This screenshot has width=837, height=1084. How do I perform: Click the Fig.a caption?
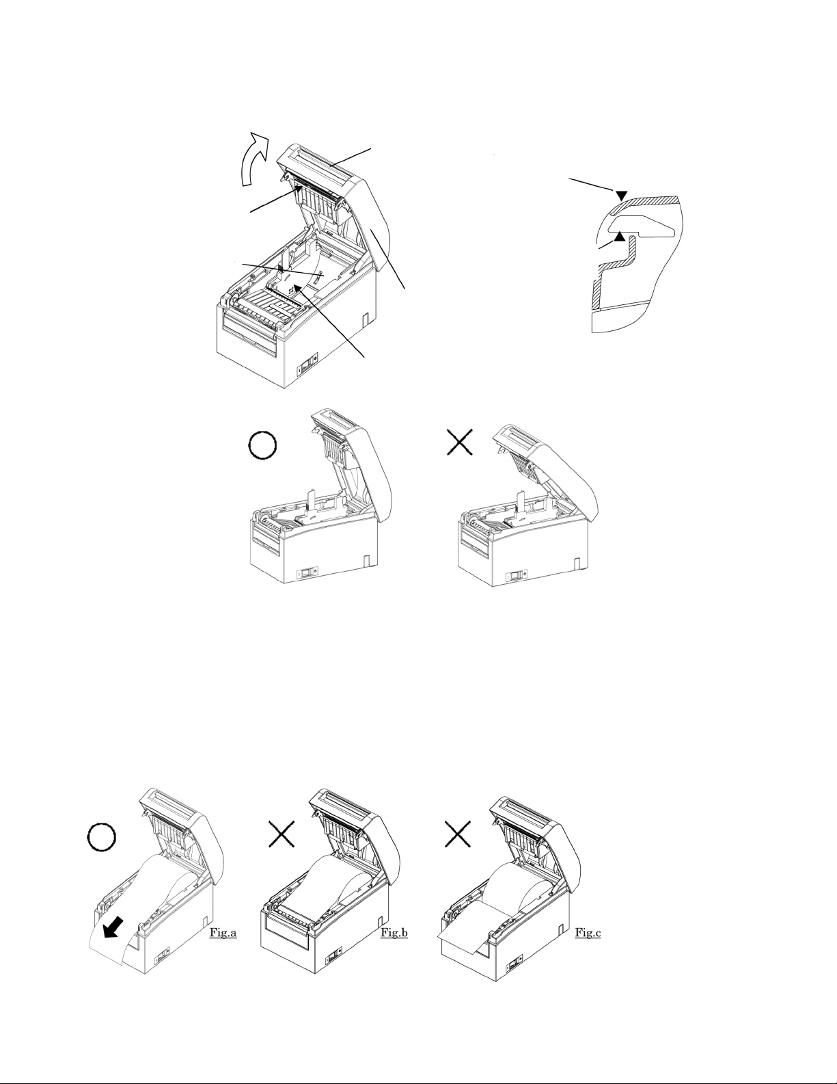click(x=223, y=932)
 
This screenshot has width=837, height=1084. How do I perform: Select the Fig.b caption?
click(x=394, y=932)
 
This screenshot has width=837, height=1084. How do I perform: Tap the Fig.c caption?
click(x=588, y=932)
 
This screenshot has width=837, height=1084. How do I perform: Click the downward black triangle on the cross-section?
click(x=622, y=195)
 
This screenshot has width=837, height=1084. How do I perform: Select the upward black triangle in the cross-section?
click(x=619, y=236)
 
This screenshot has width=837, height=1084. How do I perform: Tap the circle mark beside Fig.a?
click(x=102, y=837)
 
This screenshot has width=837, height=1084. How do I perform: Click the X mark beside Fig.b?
click(x=282, y=834)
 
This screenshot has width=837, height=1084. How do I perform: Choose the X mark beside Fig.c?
click(x=458, y=834)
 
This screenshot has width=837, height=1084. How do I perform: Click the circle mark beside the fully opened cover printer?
click(x=262, y=446)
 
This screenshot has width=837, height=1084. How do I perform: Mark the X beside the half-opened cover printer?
click(x=459, y=442)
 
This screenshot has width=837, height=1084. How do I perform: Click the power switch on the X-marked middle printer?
click(x=514, y=576)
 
